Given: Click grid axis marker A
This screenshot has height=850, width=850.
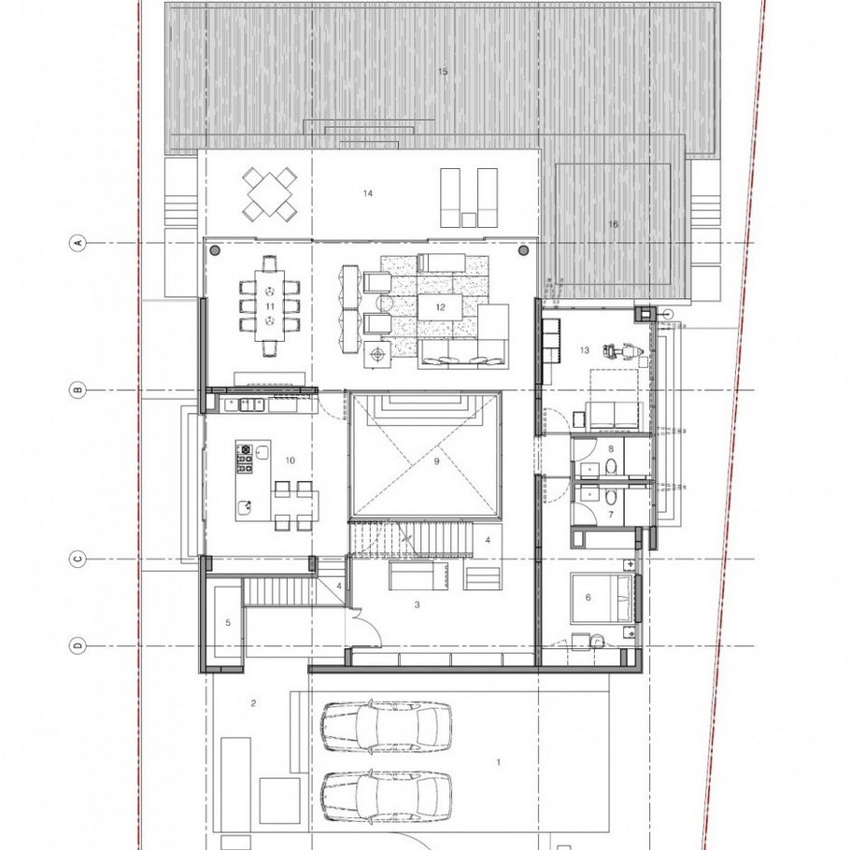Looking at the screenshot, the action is coord(78,242).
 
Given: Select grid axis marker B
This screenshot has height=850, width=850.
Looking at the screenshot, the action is coord(78,390).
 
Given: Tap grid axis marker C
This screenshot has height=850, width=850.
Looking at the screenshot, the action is coord(78,559).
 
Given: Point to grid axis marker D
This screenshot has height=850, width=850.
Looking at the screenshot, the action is coord(78,645).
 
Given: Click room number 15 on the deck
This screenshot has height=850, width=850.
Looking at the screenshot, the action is coord(443,72).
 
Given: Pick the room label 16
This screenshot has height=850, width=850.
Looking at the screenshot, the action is coord(613,224).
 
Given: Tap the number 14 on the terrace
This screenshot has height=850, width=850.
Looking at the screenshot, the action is coord(368,193).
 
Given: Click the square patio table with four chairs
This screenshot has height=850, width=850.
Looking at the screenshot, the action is coord(270,193).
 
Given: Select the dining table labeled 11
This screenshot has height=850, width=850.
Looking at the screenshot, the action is coord(270,305).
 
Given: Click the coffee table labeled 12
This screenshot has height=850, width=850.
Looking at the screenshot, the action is coord(440,307).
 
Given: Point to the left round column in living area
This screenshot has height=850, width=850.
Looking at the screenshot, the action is coord(215,250).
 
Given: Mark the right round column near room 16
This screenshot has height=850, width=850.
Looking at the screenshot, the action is coord(523,250).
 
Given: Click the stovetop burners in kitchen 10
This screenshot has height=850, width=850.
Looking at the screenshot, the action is coord(245,458).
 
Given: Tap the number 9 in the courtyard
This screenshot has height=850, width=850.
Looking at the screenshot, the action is coord(436,461).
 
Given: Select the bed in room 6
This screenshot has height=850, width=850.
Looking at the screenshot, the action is coord(602,597).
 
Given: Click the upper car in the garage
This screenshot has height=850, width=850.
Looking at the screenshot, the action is coord(386,727).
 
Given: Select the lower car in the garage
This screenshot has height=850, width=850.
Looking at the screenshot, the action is coord(386,796).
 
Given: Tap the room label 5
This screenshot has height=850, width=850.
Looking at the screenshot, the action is coord(228,623).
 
